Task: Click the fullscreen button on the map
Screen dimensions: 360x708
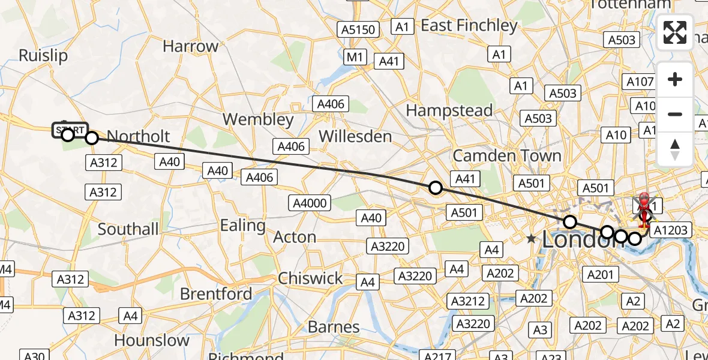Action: (x=675, y=32)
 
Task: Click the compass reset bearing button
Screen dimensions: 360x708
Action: (x=675, y=149)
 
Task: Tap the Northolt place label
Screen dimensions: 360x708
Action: (x=138, y=137)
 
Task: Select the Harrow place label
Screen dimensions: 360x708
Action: (x=191, y=46)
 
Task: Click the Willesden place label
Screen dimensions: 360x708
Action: (x=355, y=136)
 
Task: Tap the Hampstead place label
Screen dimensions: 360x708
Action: (x=449, y=110)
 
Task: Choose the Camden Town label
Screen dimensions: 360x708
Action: (x=507, y=156)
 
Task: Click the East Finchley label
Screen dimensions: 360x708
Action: (x=469, y=25)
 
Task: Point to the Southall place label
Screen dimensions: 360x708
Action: (x=128, y=229)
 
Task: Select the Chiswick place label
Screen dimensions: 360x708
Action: (x=311, y=278)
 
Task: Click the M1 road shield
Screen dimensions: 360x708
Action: (x=356, y=57)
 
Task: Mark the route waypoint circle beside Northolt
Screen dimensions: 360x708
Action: (x=91, y=138)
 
